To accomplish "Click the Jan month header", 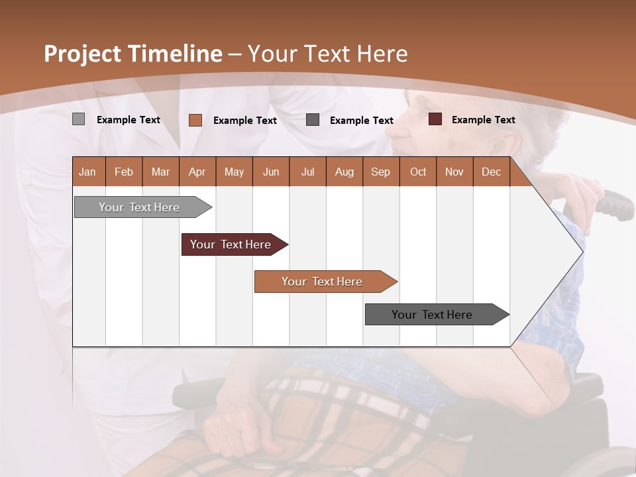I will coord(88,172).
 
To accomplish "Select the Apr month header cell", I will coord(197,172).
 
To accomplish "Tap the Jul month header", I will coord(307,172).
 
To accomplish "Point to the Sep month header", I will coord(380,172).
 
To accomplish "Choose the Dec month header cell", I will coord(491,172).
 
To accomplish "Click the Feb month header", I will coord(124,172).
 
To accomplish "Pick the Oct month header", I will coord(418,172).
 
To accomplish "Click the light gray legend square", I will coord(79,119).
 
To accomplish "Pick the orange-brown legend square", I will coord(195,120).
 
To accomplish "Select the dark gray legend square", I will coord(313,119).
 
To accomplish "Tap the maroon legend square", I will coord(435,119).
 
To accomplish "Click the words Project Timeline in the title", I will coord(133,54).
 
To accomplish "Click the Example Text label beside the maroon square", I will coord(483,120).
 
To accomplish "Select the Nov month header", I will coord(454,172).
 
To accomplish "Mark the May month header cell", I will coord(234,172).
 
